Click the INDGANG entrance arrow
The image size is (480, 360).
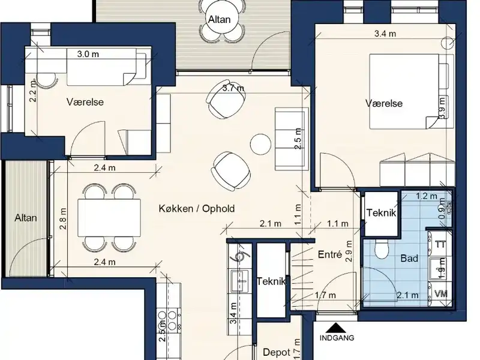click(x=336, y=328)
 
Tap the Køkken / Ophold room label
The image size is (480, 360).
click(x=197, y=209)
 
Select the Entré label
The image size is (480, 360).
click(x=329, y=254)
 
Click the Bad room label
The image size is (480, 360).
click(x=409, y=259)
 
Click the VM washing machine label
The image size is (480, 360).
click(x=441, y=294)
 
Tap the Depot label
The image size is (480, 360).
click(x=277, y=352)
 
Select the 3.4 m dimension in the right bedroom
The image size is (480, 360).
click(x=385, y=34)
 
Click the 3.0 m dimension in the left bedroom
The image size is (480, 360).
click(x=88, y=54)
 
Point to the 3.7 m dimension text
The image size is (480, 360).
click(x=233, y=88)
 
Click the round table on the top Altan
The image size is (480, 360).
click(x=220, y=19)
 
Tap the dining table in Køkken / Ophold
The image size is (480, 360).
click(x=109, y=218)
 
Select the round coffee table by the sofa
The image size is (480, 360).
click(x=260, y=144)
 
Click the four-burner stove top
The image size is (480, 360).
click(x=167, y=320)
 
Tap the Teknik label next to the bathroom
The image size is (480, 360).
click(x=381, y=213)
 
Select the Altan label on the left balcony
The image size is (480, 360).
click(x=26, y=218)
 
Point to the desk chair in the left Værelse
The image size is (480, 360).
click(x=47, y=80)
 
